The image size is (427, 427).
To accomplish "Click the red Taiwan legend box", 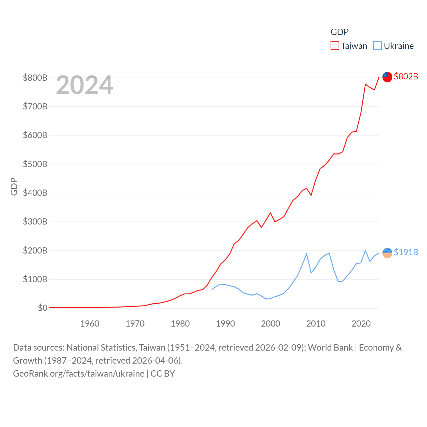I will tap(335, 46).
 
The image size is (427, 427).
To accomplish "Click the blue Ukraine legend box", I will tap(377, 46).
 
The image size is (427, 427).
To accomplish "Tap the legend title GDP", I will tap(339, 32).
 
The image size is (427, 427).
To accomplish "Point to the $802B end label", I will tap(406, 76).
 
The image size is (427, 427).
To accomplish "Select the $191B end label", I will tap(406, 252).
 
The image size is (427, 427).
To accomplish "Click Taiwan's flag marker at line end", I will tap(387, 77).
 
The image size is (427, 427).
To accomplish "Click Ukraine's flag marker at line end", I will tap(387, 253).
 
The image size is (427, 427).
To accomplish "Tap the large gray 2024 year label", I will tap(84, 85).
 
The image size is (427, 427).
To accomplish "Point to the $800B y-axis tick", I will tap(35, 78).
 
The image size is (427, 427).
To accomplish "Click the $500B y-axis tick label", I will tap(35, 164).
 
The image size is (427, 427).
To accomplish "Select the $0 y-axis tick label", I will tap(42, 308).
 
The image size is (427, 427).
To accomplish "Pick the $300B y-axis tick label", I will tap(35, 222).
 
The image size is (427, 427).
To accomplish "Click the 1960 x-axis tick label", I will tap(90, 324).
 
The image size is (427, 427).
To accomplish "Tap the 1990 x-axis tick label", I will tap(226, 324).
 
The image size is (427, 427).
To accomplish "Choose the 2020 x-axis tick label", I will tap(361, 324).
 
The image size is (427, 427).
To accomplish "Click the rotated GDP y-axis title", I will tap(14, 187).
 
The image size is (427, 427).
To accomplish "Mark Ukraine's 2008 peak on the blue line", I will tap(307, 254).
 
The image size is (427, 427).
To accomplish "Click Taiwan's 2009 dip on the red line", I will tap(311, 195).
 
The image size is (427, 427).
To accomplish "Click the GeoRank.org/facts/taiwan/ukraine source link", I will tap(79, 374).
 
